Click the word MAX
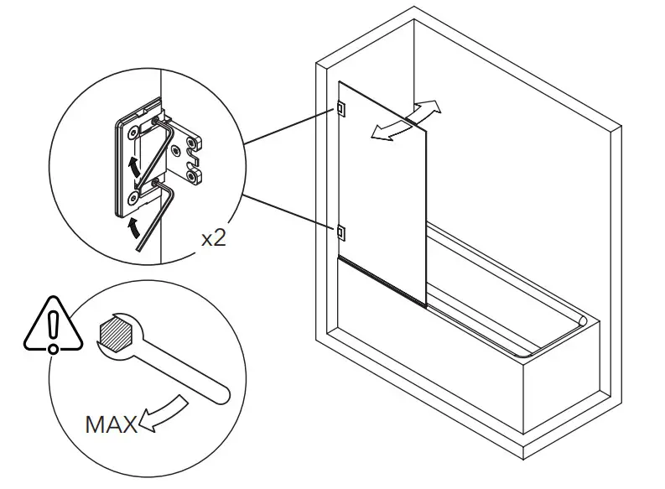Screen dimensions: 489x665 coord(111,424)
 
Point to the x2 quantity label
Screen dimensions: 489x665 coord(215,237)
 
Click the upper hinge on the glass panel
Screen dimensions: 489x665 coord(340,107)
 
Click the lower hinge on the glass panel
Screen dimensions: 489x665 coord(340,231)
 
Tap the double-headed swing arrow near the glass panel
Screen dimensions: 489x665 coord(406,120)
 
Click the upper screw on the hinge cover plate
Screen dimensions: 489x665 coord(132,132)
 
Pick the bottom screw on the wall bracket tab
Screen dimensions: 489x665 coord(195,176)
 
